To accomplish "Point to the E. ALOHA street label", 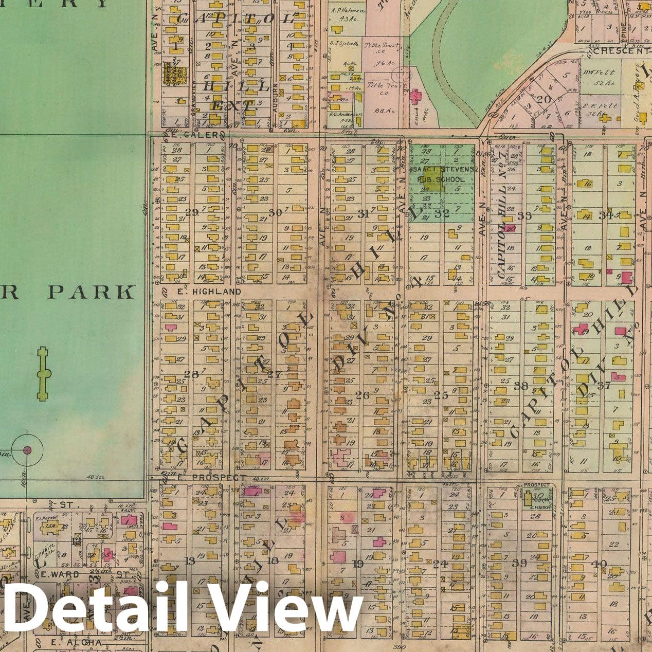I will [76, 643].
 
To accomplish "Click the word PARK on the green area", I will [90, 292].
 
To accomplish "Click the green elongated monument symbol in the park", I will [44, 374].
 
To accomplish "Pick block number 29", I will [192, 212].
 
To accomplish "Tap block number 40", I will [599, 564].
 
